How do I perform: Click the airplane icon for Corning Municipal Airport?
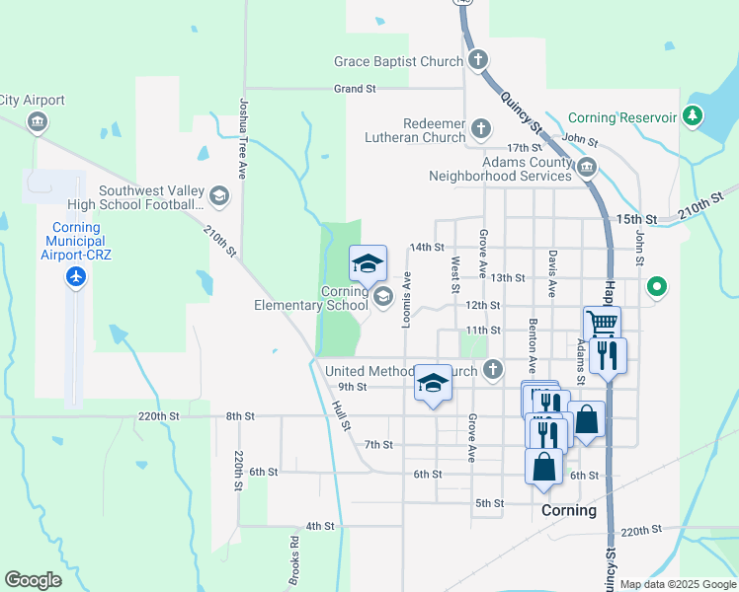[76, 276]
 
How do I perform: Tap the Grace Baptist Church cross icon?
[477, 61]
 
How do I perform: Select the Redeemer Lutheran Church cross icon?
[480, 129]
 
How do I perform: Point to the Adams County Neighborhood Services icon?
[587, 167]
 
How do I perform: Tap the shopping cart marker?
[602, 323]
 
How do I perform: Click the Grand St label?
[356, 89]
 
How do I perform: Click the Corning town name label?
[569, 511]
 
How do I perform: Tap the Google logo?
[34, 580]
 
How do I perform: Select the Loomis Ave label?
[406, 300]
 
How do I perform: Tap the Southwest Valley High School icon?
[218, 196]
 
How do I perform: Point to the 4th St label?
[320, 526]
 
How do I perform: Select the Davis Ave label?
[551, 274]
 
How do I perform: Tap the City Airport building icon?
[39, 122]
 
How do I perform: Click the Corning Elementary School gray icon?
[381, 296]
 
